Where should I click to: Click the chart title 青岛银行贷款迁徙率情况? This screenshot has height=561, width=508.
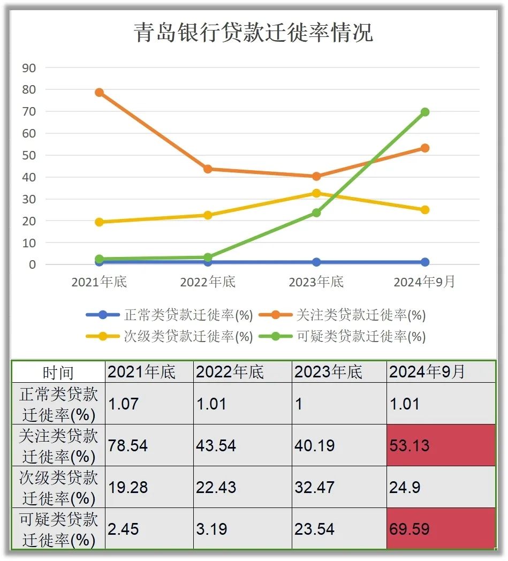(253, 33)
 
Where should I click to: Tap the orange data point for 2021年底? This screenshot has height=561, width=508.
(99, 93)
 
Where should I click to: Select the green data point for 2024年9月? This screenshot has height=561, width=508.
(424, 112)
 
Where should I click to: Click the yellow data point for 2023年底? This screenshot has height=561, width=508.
(316, 193)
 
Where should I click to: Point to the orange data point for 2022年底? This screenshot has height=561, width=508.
(208, 169)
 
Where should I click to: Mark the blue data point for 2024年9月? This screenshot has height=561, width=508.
(424, 262)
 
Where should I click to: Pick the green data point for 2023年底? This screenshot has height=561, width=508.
(316, 213)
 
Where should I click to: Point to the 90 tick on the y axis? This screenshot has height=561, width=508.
(29, 68)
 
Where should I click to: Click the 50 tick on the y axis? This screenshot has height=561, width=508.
(29, 155)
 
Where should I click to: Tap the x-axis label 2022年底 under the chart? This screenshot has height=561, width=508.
(208, 282)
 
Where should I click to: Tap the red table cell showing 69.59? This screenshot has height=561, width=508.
(441, 529)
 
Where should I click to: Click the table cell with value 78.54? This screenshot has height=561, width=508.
(149, 445)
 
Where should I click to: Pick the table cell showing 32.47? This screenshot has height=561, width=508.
(339, 487)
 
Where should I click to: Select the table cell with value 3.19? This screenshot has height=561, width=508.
(242, 529)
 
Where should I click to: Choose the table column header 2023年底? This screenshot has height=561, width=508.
(339, 372)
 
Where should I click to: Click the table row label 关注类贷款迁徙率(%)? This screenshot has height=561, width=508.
(58, 445)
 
